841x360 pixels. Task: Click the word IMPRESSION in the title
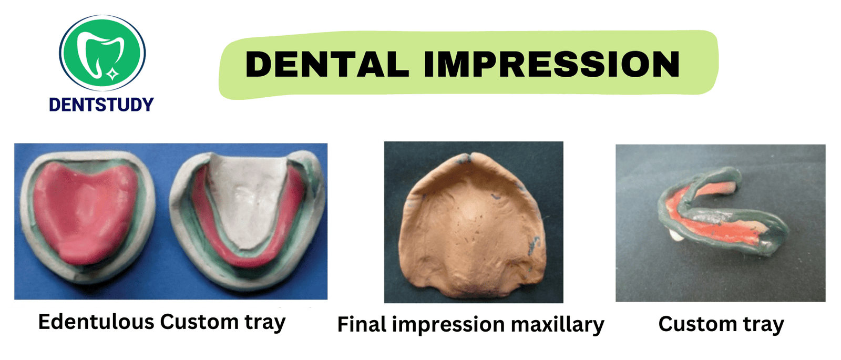[x=551, y=64]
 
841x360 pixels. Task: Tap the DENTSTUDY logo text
[x=101, y=105]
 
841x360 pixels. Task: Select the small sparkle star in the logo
[x=112, y=74]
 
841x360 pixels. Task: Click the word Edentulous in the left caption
[x=96, y=322]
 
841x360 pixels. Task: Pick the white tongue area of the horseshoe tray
[x=248, y=199]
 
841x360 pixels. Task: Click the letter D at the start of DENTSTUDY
[x=55, y=105]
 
